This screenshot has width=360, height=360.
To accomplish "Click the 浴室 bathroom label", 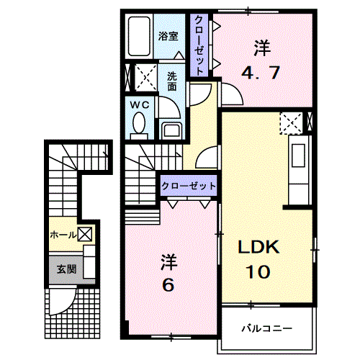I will pos(170,35).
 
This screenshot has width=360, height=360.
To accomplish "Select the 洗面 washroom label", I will pos(172,80).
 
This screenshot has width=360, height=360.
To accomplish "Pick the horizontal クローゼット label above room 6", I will pos(189,186).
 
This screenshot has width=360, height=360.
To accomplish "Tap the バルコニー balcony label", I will pos(267,328).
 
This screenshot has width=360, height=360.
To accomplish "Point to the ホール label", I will pos(63,235).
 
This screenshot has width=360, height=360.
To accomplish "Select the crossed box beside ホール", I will pos(85,234).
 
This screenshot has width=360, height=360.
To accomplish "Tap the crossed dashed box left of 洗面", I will pos(148,76).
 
